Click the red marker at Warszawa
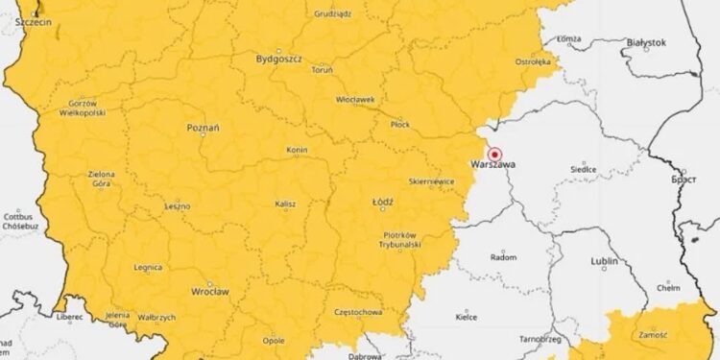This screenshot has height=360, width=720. click(495, 154)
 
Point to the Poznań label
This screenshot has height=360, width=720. click(204, 127)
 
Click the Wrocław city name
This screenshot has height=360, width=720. click(209, 292)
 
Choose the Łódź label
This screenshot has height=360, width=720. click(382, 202)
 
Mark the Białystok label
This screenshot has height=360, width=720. click(645, 43)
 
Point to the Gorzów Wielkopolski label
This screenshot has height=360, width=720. click(82, 108)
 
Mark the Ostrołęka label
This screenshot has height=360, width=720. click(534, 61)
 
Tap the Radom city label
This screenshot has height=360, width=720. click(503, 257)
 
